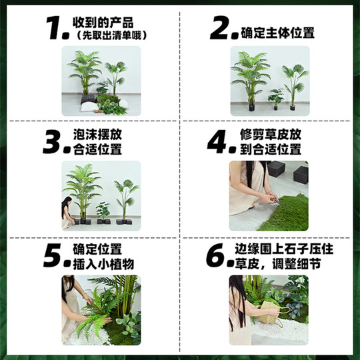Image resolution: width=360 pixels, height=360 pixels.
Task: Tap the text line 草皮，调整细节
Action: pos(275,265)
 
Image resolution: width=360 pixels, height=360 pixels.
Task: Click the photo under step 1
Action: pos(101,81)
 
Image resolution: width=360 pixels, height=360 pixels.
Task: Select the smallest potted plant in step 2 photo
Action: pos(275,99)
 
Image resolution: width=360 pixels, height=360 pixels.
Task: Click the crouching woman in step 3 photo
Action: pos(67,211)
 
